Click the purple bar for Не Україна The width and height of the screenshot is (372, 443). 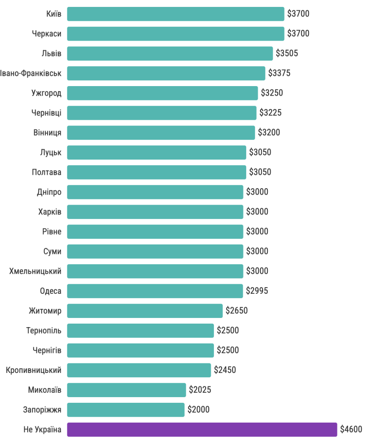click(x=202, y=430)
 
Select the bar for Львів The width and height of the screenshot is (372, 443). click(x=170, y=53)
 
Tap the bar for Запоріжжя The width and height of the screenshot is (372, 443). click(x=126, y=410)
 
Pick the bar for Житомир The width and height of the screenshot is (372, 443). click(x=145, y=311)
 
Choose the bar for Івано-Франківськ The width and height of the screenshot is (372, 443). click(x=166, y=73)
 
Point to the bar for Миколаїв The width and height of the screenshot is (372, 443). click(x=126, y=390)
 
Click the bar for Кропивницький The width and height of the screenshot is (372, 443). click(x=139, y=370)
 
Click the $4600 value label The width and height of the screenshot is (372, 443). click(x=351, y=430)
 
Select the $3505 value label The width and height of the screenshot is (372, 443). click(x=287, y=53)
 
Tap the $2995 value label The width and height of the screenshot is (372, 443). click(x=257, y=291)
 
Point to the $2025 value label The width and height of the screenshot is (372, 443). click(x=200, y=390)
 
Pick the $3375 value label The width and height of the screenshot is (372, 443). click(x=279, y=73)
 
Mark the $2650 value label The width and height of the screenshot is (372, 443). click(x=237, y=311)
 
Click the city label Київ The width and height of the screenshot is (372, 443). click(x=54, y=14)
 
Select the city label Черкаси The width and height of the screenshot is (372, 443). click(x=46, y=34)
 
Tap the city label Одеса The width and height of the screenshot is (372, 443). click(x=51, y=291)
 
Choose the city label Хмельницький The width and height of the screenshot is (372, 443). click(x=35, y=271)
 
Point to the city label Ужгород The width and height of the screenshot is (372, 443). click(x=46, y=93)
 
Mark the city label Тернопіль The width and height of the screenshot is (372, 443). click(x=44, y=331)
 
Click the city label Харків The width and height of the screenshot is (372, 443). click(x=50, y=212)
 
